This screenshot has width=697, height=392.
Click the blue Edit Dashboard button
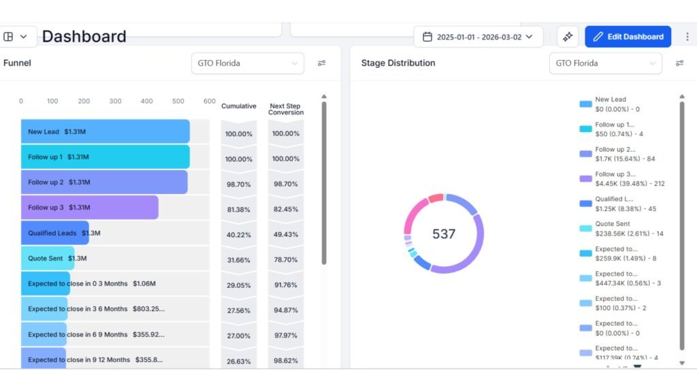pos(628,37)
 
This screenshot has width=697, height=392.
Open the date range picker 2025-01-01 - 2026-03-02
pos(478,37)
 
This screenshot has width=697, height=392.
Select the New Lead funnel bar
pos(105,131)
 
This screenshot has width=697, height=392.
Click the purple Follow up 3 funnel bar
pos(89,208)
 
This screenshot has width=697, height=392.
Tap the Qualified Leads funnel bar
pos(54,233)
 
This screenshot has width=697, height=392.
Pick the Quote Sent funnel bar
pos(47,258)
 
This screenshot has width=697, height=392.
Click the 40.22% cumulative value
pos(238,235)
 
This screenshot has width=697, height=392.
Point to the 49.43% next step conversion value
pos(285,235)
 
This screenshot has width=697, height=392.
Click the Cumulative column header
pos(238,106)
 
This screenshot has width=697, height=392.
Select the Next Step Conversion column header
pos(286,109)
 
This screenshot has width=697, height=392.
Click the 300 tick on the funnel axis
pos(115,101)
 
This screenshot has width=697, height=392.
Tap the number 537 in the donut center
pos(444,234)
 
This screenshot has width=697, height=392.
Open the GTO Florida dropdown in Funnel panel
pos(247,63)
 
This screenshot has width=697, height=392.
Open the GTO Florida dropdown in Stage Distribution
pos(605,63)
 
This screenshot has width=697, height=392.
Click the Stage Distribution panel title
pos(398,63)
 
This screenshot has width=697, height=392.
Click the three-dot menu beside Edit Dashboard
pos(687,37)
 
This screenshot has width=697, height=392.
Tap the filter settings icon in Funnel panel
pos(321,63)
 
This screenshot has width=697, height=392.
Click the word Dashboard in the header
pos(84,37)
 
